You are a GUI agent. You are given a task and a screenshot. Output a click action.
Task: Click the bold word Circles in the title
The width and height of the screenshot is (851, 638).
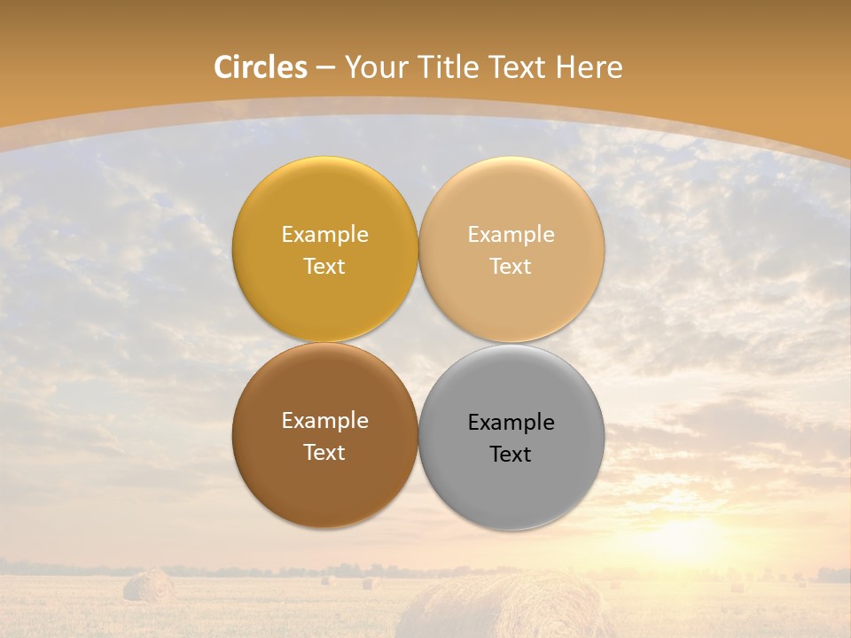click(x=261, y=67)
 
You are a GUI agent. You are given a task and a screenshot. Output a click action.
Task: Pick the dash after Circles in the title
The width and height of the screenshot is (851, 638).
click(x=325, y=68)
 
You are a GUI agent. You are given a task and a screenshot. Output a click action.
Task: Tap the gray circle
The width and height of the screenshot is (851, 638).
click(x=511, y=483)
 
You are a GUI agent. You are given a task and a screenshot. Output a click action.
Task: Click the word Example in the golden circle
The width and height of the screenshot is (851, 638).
click(x=324, y=235)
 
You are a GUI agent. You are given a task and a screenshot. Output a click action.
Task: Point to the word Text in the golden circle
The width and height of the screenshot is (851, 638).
click(x=324, y=267)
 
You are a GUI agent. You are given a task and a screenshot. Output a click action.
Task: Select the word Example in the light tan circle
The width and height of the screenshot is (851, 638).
click(x=511, y=235)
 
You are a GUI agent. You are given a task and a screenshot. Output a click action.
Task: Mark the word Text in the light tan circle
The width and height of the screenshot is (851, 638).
click(x=511, y=267)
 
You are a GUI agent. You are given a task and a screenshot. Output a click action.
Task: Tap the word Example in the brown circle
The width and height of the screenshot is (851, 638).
click(x=324, y=421)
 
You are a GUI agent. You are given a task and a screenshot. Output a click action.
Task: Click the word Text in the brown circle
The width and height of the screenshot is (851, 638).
click(x=324, y=453)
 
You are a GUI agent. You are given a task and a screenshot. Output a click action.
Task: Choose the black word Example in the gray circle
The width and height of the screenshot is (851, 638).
click(x=511, y=423)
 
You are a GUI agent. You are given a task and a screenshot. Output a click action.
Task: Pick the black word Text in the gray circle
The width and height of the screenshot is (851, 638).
click(x=511, y=455)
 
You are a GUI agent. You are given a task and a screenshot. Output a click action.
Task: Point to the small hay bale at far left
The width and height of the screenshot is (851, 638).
click(x=148, y=586)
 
